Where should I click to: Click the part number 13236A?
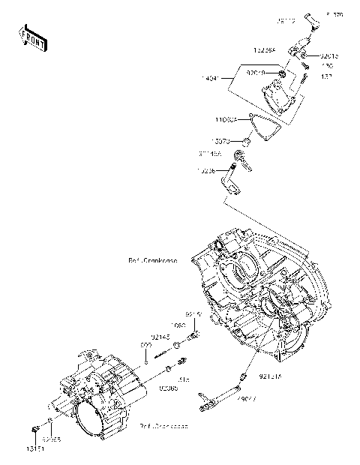264,50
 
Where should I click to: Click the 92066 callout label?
168,388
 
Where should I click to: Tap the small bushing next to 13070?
244,141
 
